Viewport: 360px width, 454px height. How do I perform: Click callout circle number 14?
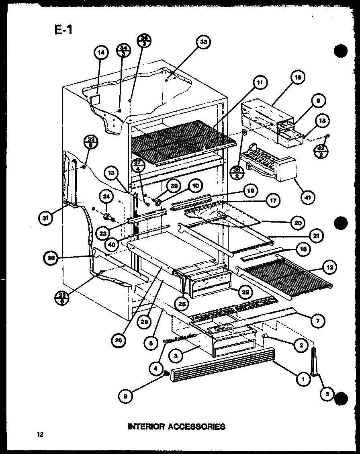click(x=101, y=53)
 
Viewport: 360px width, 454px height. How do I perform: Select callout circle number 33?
click(x=204, y=42)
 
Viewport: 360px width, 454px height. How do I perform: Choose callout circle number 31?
click(x=47, y=218)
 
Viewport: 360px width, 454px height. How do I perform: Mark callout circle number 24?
click(x=106, y=197)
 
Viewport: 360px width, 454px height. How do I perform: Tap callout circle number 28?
click(x=245, y=292)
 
